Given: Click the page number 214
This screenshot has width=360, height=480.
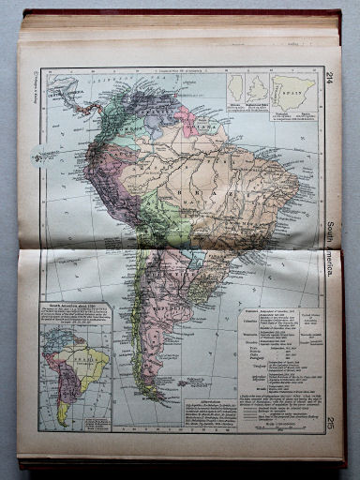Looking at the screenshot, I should (x=330, y=78).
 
